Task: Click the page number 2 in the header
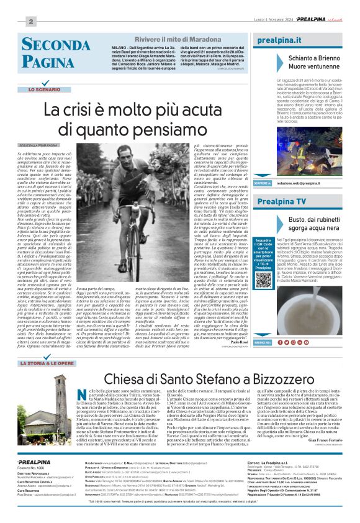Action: coord(30,20)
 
